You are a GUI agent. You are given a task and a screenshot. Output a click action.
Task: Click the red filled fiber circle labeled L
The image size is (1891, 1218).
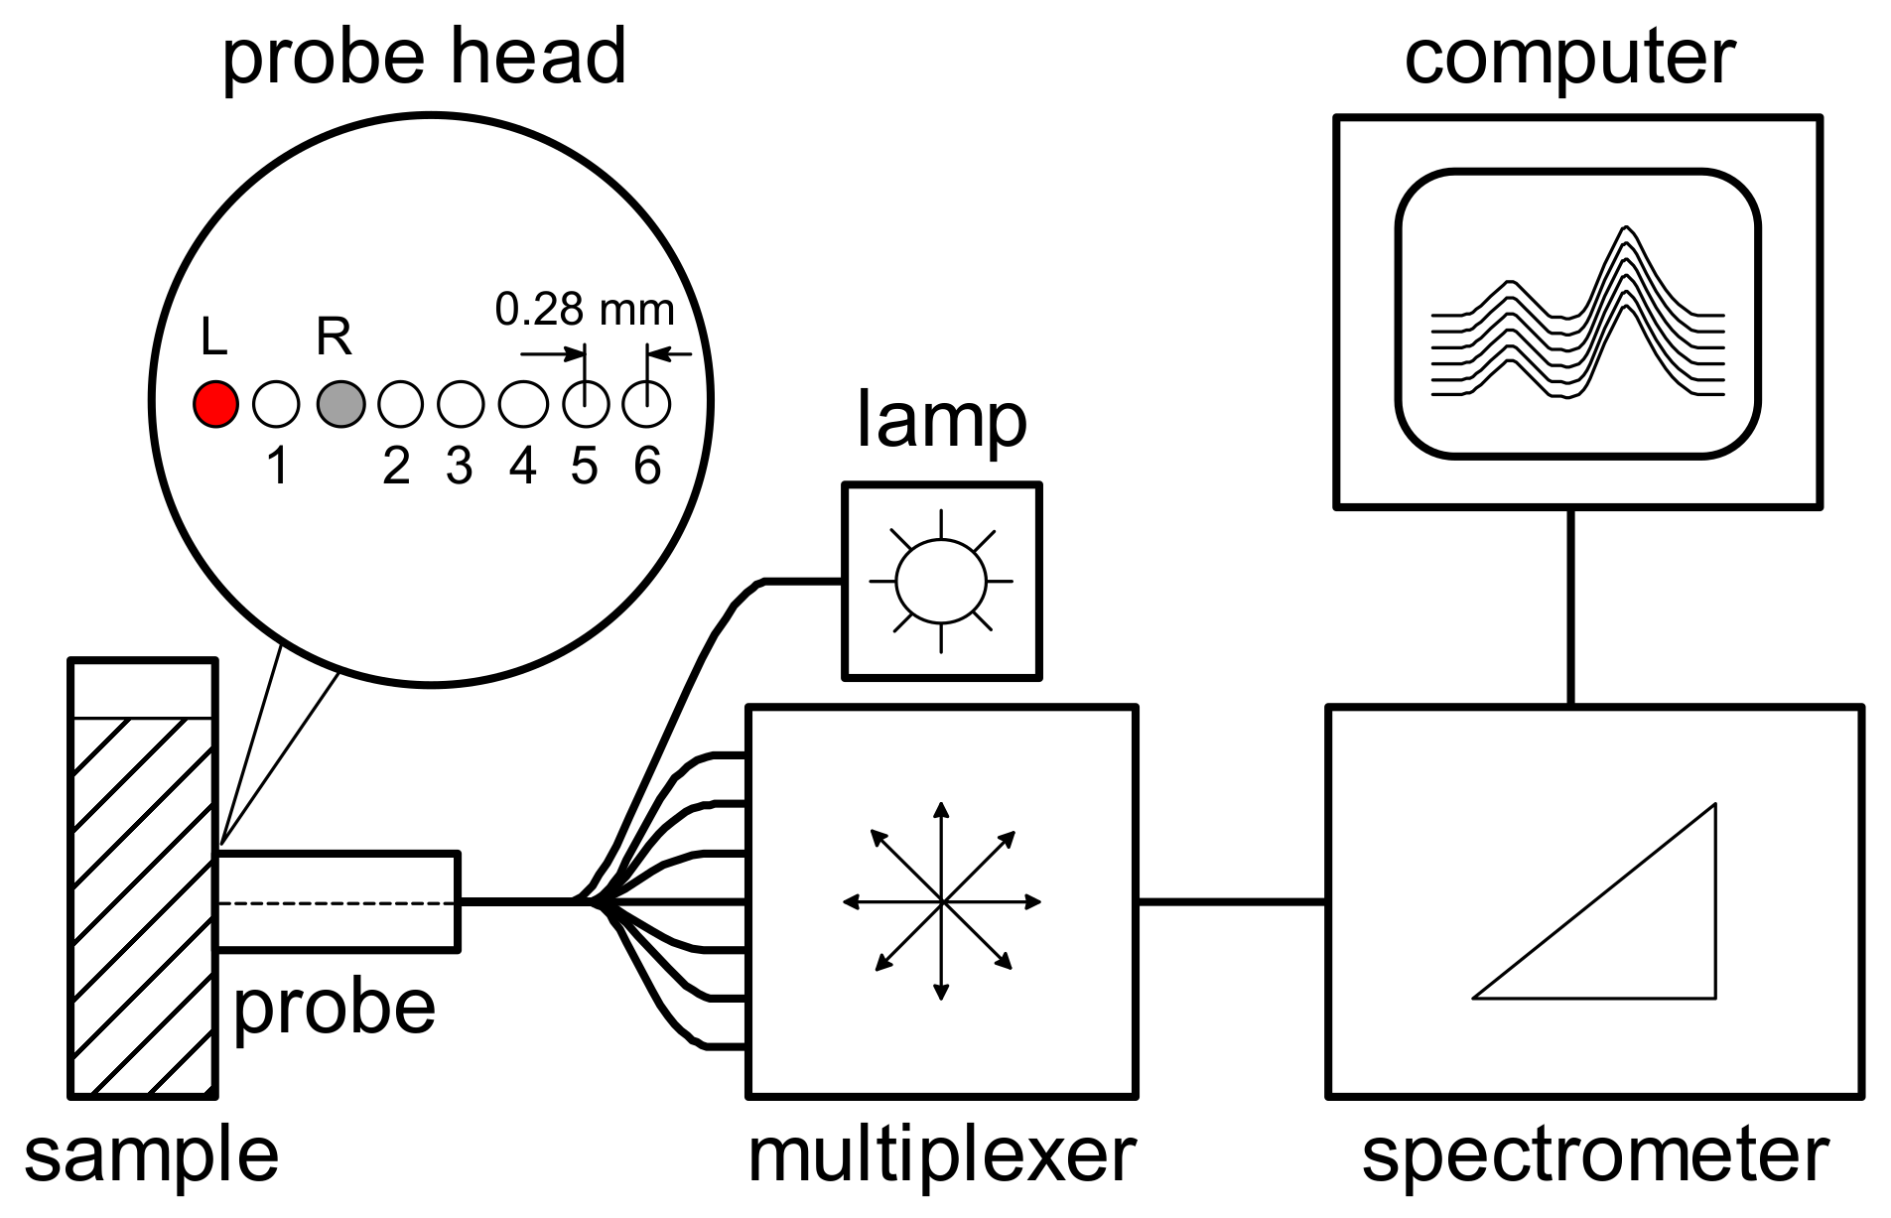coord(215,404)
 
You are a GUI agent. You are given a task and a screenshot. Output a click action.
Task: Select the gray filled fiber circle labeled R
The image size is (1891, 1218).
coord(340,404)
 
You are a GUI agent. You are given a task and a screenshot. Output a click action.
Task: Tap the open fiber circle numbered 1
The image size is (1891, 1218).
coord(276,404)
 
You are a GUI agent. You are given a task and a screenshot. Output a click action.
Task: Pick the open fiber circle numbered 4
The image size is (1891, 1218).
coord(523,404)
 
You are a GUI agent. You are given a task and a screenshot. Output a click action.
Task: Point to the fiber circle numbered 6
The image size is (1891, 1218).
coord(646,404)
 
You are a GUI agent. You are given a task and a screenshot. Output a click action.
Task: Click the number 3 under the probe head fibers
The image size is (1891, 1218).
coord(459,466)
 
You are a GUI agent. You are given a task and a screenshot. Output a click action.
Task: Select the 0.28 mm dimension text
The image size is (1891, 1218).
coord(585,310)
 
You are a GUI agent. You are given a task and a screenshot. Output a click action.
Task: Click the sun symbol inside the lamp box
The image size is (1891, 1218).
coord(941,582)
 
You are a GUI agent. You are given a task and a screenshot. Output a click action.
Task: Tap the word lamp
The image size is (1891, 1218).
coord(941,421)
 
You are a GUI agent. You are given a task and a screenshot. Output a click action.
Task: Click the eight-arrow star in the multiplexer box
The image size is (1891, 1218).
coord(941,901)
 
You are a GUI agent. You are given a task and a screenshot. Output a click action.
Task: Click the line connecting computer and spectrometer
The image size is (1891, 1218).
coord(1570,607)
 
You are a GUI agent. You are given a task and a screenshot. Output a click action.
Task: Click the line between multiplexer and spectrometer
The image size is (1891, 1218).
coord(1231,901)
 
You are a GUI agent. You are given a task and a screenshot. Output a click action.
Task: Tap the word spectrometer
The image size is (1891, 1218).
coord(1594,1155)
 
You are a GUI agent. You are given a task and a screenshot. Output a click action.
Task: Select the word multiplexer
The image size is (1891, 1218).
coord(941,1155)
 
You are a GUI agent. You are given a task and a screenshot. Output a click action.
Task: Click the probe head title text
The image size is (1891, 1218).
coord(424,57)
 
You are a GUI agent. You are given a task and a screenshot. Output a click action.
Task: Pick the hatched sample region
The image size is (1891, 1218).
coord(142,903)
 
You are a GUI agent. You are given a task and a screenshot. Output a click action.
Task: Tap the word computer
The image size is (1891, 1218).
coord(1569,57)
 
